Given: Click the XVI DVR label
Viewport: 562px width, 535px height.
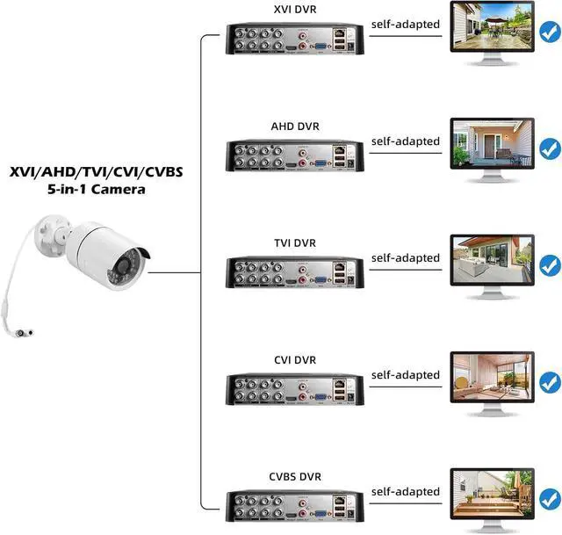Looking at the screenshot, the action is [x=293, y=9].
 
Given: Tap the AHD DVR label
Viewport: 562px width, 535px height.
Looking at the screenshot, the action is [x=293, y=126].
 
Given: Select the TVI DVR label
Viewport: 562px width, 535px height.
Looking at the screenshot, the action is [x=293, y=242].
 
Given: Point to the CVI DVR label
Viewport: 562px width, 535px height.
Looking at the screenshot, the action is [x=293, y=360].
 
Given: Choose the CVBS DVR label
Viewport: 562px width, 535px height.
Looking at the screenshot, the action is [x=293, y=477].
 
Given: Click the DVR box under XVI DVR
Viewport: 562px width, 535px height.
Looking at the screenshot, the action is [x=294, y=40].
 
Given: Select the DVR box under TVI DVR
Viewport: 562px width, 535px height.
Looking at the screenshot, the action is [x=294, y=274].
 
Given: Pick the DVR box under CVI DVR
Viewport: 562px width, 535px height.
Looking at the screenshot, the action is [x=294, y=391].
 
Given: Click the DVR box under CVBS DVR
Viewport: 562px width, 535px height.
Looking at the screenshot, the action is [x=294, y=509].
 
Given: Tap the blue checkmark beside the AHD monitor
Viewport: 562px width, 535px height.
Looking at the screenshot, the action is [x=550, y=148].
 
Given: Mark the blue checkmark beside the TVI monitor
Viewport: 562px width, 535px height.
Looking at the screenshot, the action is [x=550, y=264].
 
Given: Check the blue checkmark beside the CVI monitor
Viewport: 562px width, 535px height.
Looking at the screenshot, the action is [x=550, y=382].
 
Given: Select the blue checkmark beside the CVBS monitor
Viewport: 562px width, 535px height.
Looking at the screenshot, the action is [x=550, y=498].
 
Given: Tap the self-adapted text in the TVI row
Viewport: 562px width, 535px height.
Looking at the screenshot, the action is [x=405, y=258].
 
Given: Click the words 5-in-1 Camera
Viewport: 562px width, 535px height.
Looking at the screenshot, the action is [x=97, y=189].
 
